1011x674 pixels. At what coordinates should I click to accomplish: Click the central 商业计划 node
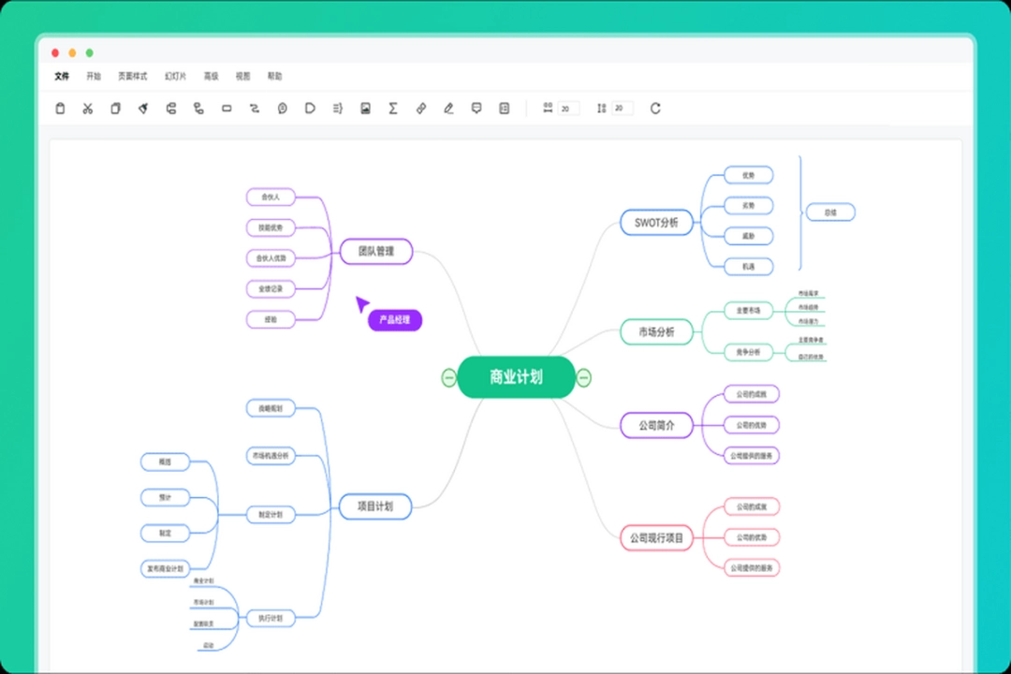pyautogui.click(x=516, y=377)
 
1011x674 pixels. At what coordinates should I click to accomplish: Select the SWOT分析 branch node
pyautogui.click(x=656, y=223)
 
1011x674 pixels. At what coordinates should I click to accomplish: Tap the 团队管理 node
pyautogui.click(x=375, y=251)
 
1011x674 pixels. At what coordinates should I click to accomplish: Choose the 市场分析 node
pyautogui.click(x=656, y=331)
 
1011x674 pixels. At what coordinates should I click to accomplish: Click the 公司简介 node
pyautogui.click(x=656, y=425)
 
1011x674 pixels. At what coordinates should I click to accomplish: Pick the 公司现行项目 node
pyautogui.click(x=656, y=538)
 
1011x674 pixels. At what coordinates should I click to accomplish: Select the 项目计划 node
pyautogui.click(x=375, y=506)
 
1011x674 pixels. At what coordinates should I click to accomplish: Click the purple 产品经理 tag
pyautogui.click(x=395, y=320)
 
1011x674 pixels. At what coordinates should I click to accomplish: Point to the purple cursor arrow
pyautogui.click(x=361, y=304)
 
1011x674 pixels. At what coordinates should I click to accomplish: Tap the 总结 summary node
pyautogui.click(x=830, y=212)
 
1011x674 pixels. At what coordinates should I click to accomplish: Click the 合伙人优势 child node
pyautogui.click(x=271, y=257)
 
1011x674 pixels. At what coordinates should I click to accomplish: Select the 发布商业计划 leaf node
pyautogui.click(x=166, y=568)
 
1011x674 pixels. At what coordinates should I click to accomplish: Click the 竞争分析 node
pyautogui.click(x=748, y=352)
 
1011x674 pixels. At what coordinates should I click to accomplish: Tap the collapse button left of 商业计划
pyautogui.click(x=448, y=377)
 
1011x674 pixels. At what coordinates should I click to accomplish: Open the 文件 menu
pyautogui.click(x=62, y=76)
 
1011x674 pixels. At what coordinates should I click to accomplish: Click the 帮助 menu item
pyautogui.click(x=274, y=76)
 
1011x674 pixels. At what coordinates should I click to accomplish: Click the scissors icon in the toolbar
pyautogui.click(x=88, y=109)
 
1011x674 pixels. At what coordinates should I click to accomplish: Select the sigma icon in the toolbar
pyautogui.click(x=393, y=109)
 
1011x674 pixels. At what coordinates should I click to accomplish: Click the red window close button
pyautogui.click(x=55, y=53)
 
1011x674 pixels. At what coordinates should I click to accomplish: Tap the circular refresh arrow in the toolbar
pyautogui.click(x=655, y=109)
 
